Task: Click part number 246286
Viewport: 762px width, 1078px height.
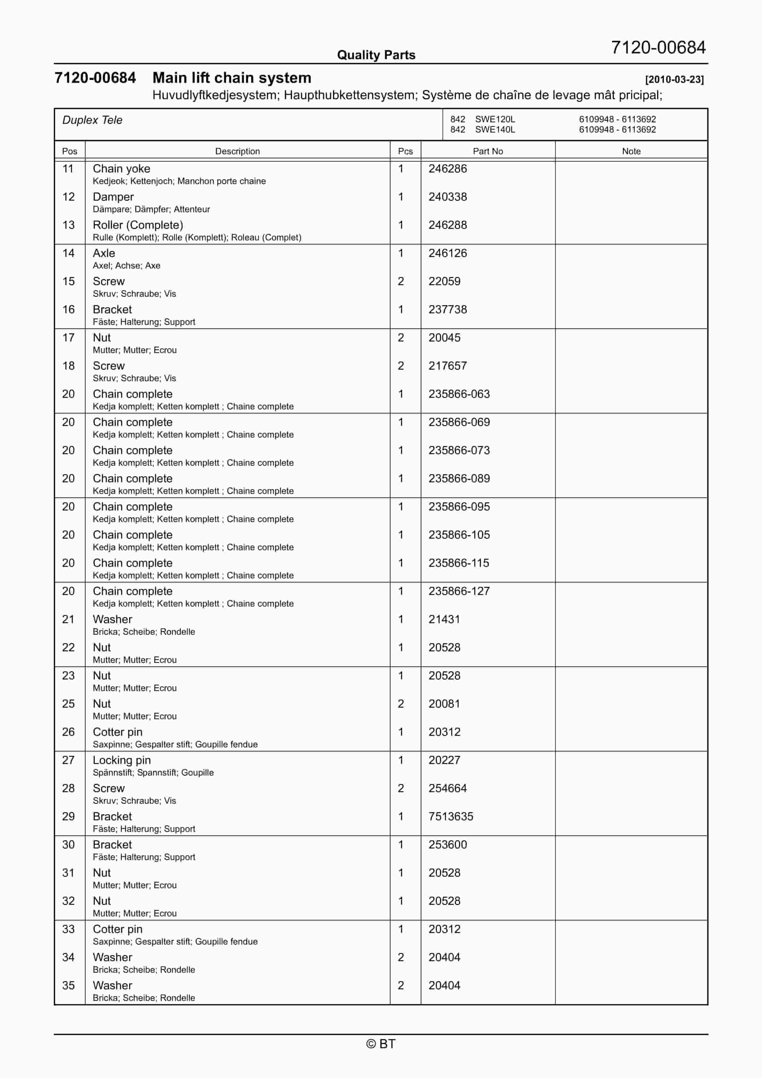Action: [447, 169]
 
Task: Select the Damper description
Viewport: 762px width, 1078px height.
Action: [113, 197]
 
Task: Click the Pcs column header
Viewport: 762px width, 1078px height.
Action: [405, 151]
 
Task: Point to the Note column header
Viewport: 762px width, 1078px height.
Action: [631, 151]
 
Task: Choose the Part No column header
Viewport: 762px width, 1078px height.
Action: [488, 151]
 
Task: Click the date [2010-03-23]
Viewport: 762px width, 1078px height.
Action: [674, 79]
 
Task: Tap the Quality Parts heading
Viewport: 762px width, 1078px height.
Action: [376, 55]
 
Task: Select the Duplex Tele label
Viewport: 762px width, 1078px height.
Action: [93, 120]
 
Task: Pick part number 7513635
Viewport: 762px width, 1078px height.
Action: [450, 817]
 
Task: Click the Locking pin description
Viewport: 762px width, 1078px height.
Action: [122, 760]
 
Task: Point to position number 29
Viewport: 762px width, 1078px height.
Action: [69, 817]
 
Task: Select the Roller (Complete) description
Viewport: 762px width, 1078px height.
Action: [138, 225]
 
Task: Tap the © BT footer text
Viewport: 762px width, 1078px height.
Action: [381, 1044]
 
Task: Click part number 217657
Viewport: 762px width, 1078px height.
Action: [447, 366]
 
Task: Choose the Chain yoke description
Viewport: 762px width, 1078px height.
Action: [121, 169]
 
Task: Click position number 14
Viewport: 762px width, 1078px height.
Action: [69, 253]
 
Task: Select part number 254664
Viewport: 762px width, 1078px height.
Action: [447, 788]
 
